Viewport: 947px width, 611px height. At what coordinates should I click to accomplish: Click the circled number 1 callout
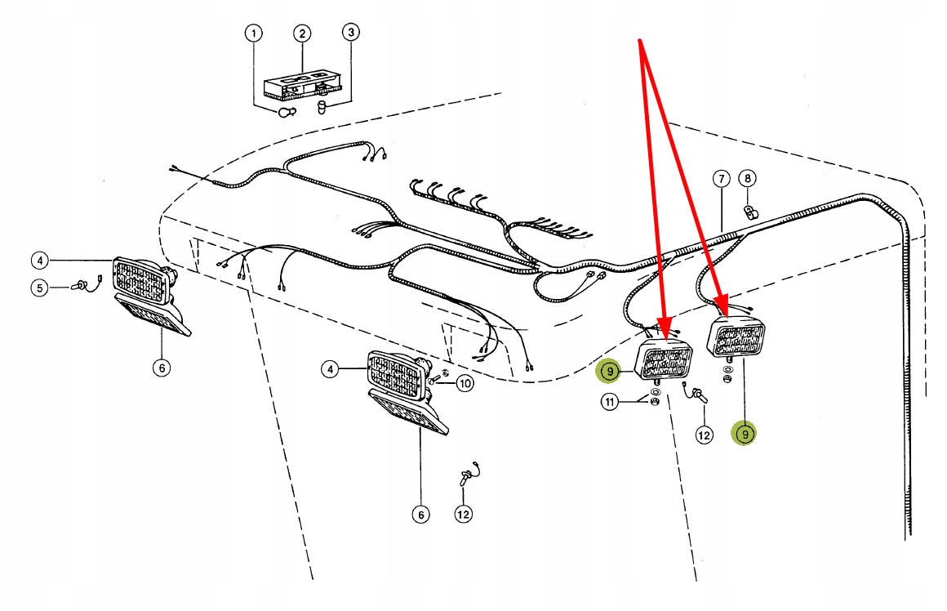pos(254,33)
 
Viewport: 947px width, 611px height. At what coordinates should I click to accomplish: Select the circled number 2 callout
pos(302,33)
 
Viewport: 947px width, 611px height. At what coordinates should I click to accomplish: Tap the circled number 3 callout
pos(350,33)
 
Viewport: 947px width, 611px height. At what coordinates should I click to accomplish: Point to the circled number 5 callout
pos(39,287)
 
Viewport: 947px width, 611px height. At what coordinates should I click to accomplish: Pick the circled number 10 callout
pos(464,382)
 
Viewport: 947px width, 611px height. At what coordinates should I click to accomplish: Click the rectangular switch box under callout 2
pos(302,85)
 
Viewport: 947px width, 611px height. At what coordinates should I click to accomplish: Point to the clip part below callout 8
pos(749,214)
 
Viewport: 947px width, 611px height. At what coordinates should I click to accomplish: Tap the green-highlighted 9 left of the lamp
pos(609,372)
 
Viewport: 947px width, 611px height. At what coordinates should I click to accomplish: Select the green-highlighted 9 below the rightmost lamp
pos(745,434)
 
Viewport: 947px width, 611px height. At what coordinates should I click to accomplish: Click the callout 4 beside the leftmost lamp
pos(39,261)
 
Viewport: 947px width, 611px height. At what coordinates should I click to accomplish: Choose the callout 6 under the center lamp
pos(420,515)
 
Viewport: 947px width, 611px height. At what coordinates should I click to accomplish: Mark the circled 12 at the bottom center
pos(463,515)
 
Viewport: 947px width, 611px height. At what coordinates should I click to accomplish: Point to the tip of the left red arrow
pos(665,337)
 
